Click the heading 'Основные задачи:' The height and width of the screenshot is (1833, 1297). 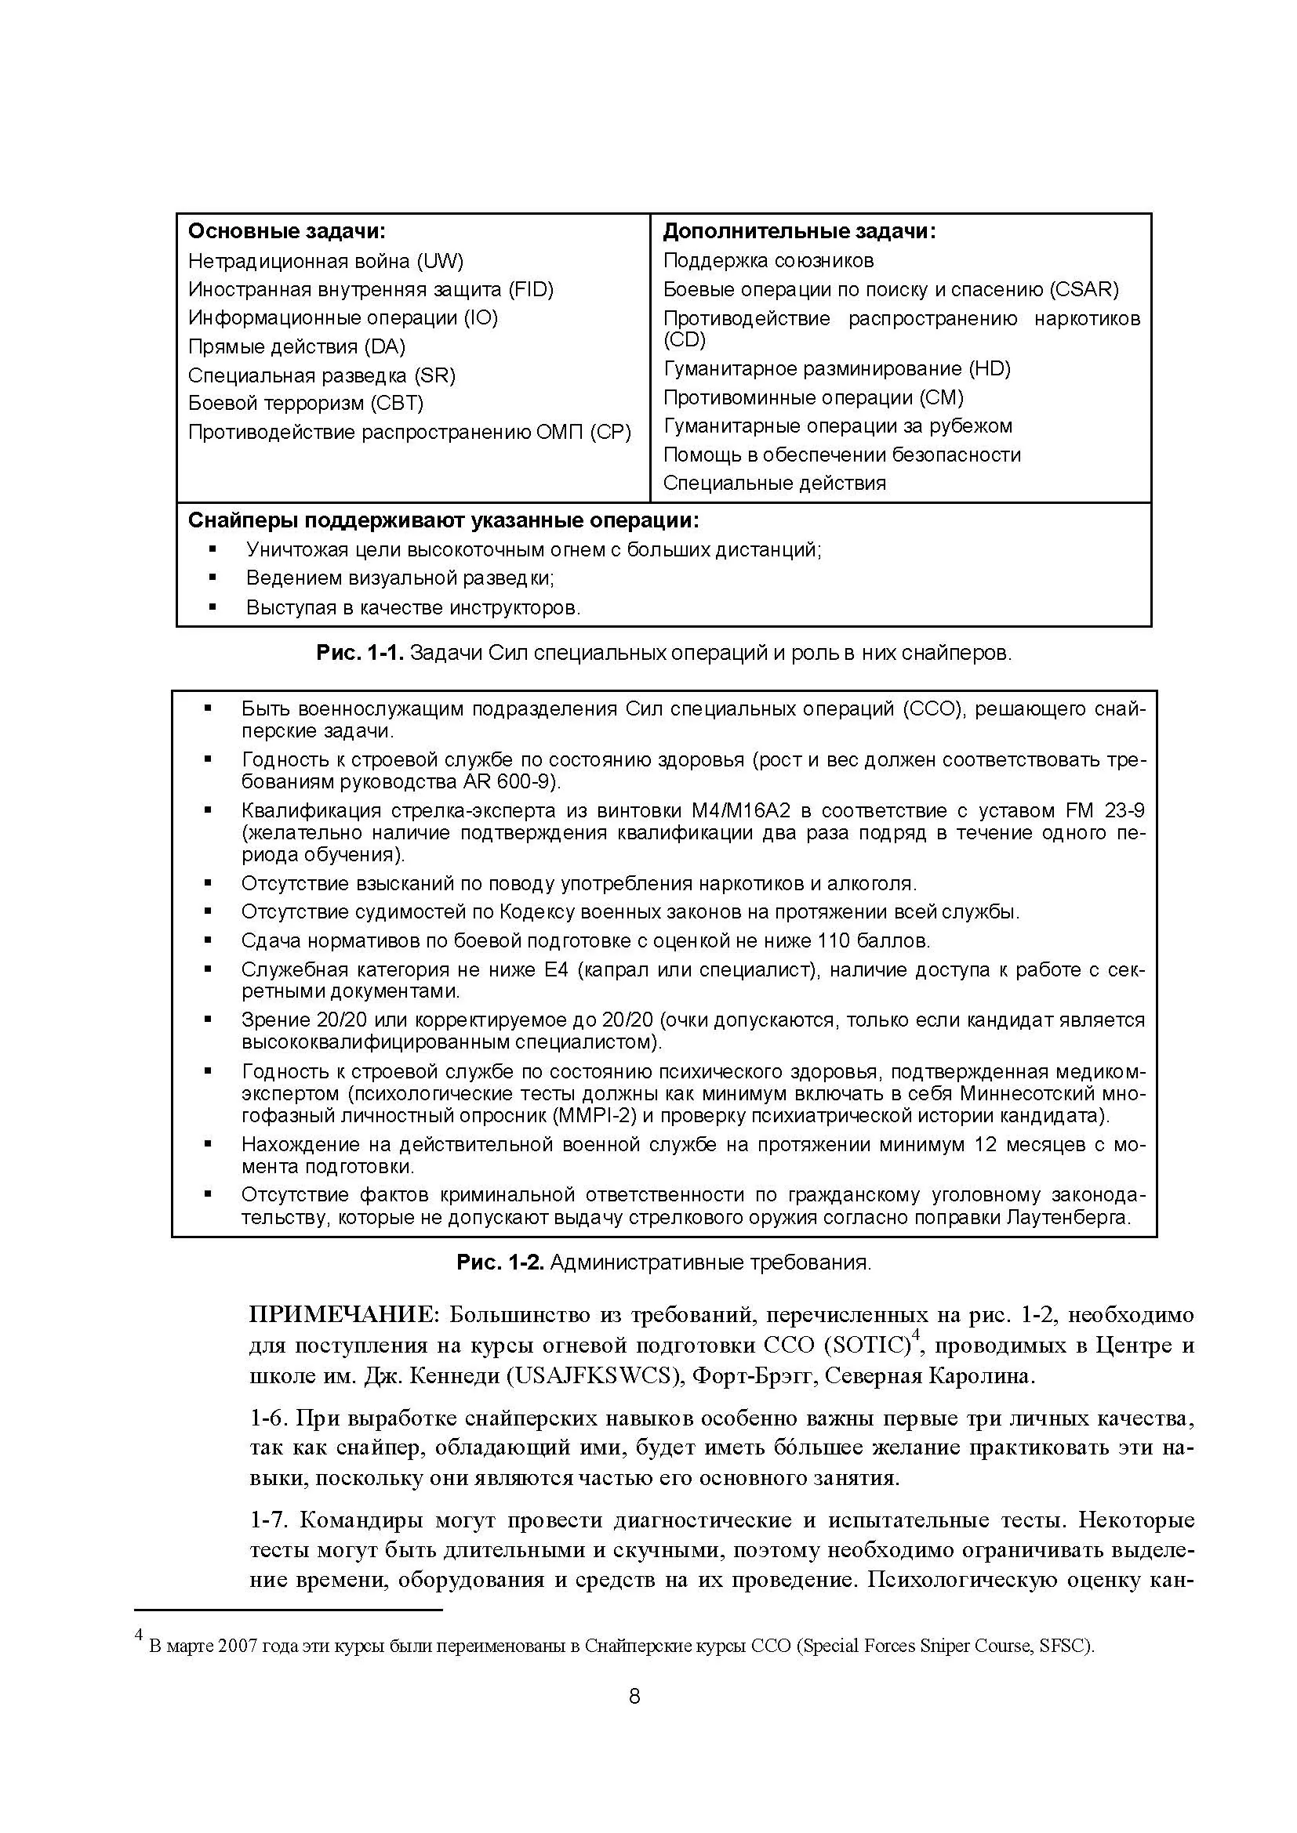[x=286, y=231]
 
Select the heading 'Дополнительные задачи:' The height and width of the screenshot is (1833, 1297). [x=798, y=231]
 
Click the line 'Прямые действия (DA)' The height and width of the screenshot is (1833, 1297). [x=296, y=346]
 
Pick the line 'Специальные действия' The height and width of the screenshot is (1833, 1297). [x=774, y=483]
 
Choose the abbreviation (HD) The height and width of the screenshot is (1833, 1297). [x=989, y=368]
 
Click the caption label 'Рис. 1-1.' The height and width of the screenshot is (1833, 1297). [x=360, y=653]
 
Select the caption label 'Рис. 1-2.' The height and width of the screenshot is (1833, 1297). [x=500, y=1262]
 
